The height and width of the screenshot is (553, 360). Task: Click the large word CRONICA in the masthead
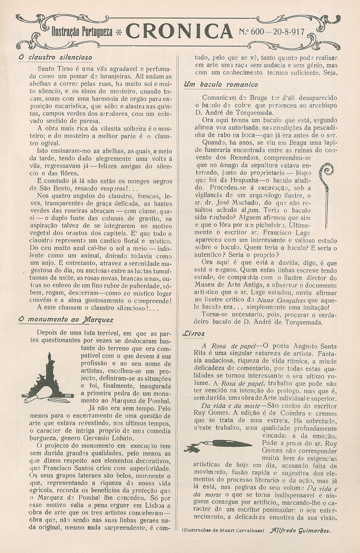coord(180,32)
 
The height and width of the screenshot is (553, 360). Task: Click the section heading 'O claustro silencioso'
coord(55,57)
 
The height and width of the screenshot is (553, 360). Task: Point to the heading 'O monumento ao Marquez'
coord(66,319)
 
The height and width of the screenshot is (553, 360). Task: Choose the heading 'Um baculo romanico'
coord(221,85)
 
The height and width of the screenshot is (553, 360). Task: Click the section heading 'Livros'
coord(194,334)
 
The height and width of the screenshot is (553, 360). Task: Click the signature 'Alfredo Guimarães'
coord(300,530)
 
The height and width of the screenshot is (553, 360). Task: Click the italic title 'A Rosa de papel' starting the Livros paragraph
coord(228,346)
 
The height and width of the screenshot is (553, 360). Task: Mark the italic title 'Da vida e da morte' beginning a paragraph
coord(223,406)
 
